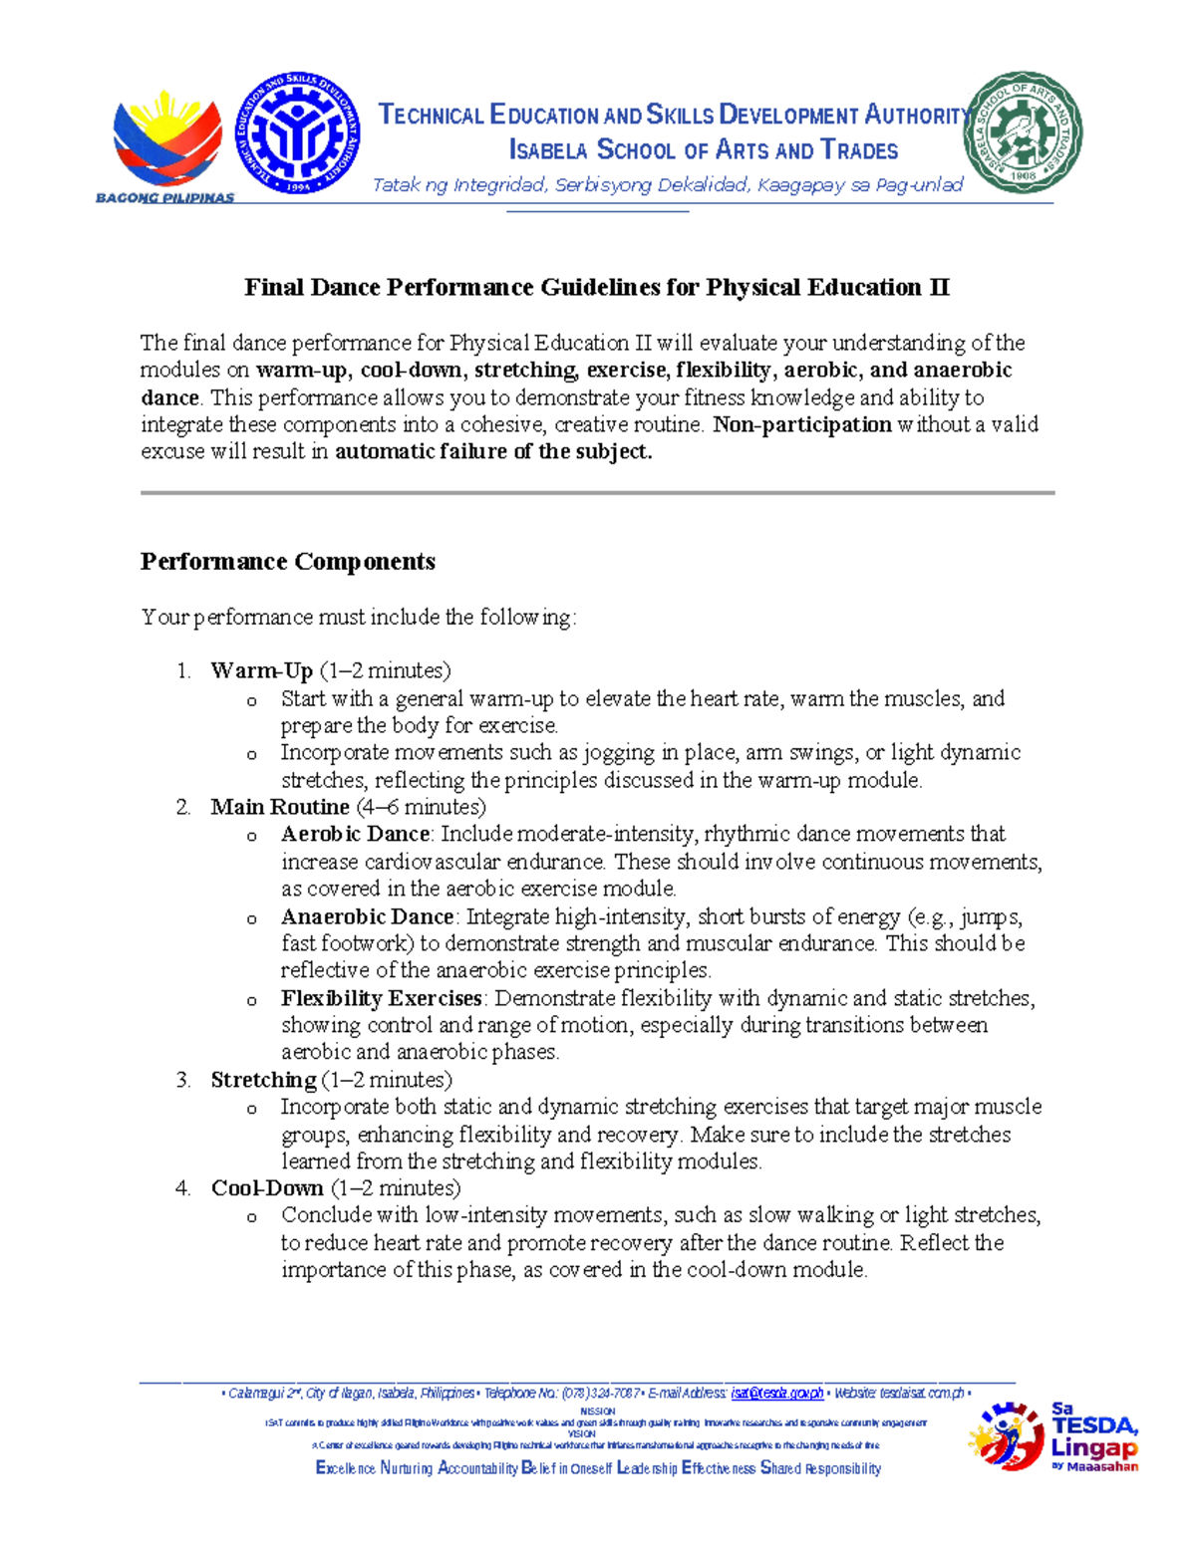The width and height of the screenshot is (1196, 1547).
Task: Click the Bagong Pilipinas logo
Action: [x=165, y=143]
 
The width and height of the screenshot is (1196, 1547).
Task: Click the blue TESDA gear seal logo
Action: [x=297, y=132]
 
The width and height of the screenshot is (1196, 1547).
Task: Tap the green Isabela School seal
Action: [x=1022, y=132]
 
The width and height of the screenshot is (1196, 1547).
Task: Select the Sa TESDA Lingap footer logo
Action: [x=1053, y=1436]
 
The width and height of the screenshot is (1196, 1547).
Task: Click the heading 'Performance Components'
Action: [x=288, y=562]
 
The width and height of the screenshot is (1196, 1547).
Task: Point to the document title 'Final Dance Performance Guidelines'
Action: [x=596, y=288]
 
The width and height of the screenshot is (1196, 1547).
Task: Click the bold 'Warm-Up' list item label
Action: [x=261, y=670]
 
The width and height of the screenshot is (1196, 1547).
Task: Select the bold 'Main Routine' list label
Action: [x=280, y=807]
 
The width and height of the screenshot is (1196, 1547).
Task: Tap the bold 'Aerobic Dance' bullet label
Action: [x=355, y=834]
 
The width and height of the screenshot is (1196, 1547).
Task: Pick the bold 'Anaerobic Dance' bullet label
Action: [x=367, y=916]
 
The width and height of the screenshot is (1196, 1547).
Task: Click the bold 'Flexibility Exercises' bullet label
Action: [x=381, y=998]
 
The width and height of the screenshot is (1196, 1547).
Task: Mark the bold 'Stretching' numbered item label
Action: [x=263, y=1080]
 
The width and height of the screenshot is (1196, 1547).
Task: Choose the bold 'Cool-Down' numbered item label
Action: [x=267, y=1188]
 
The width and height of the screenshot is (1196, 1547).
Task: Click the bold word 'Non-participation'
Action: [x=802, y=425]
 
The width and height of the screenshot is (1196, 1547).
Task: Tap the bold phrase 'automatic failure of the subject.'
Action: [x=493, y=452]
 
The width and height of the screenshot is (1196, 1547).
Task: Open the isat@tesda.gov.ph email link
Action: [x=777, y=1393]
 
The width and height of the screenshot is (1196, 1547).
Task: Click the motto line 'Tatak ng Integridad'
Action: [x=667, y=185]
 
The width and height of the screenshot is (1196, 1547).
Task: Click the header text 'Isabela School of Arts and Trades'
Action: [x=704, y=150]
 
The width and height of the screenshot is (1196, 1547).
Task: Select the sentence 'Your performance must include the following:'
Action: [x=358, y=618]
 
